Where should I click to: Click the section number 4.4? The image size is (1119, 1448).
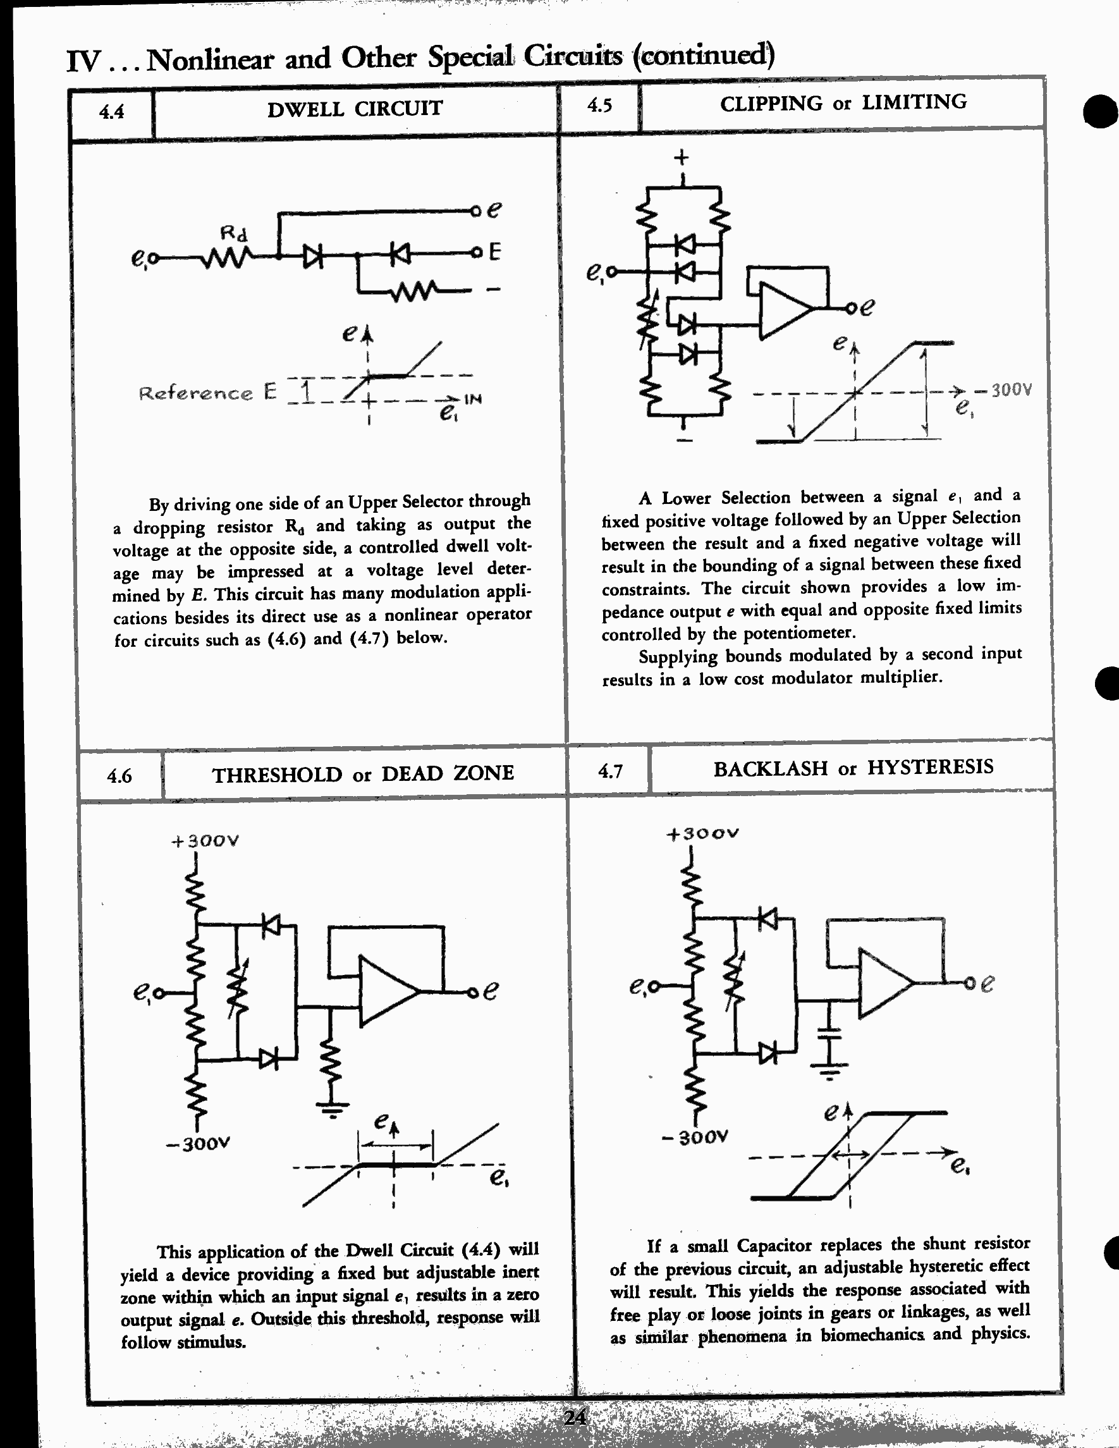coord(111,111)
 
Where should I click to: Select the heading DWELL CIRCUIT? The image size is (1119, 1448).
coord(355,109)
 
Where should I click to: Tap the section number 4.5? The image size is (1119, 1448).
coord(599,106)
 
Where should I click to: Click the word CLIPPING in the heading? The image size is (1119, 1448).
coord(771,104)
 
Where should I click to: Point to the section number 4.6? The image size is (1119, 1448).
coord(119,776)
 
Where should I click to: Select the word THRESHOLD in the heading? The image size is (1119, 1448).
coord(276,775)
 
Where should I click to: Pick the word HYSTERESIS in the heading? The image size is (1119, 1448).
coord(930,767)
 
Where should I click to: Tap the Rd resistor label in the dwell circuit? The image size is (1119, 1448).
coord(233,233)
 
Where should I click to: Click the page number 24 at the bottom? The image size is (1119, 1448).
coord(574,1417)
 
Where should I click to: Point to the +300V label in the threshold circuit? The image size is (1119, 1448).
coord(205,842)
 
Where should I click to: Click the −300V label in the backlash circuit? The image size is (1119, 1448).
coord(695,1137)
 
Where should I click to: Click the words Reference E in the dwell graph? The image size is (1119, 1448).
coord(207,393)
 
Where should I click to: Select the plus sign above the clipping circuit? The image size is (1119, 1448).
coord(682,158)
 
